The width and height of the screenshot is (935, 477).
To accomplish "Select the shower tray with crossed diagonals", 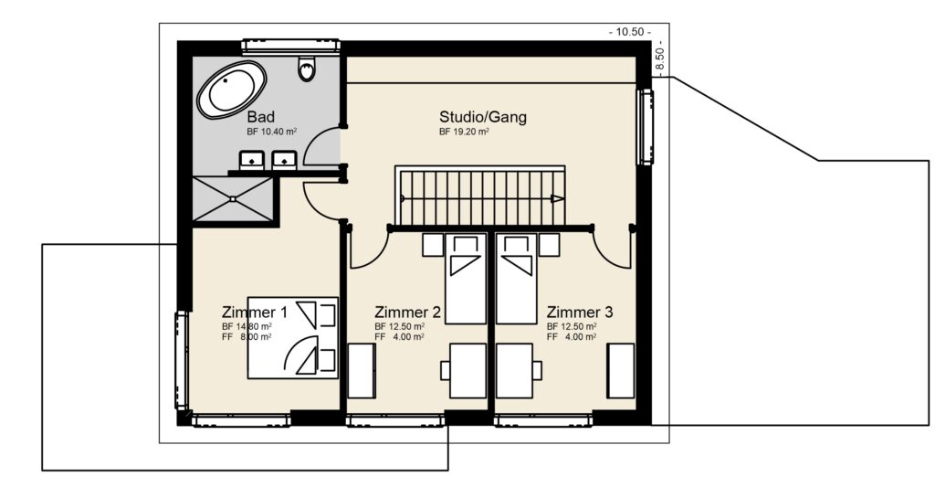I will coord(233,198).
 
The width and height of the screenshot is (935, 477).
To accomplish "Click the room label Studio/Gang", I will coord(482,117).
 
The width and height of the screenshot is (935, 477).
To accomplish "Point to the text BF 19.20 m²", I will coord(464,132).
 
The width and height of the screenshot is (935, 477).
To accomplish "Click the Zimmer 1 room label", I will coord(255,312).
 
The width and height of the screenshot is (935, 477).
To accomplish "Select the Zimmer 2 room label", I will coord(408,312).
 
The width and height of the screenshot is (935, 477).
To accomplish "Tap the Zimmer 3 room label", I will coord(579,312).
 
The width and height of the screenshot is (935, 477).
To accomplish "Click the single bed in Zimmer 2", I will coord(467,278).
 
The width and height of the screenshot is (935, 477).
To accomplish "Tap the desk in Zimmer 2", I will coord(467,370).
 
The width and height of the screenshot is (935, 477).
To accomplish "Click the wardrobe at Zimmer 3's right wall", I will coord(622,370).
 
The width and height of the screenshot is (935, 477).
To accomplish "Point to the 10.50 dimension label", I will coord(630,32).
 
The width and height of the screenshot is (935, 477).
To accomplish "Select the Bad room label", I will coord(261,117).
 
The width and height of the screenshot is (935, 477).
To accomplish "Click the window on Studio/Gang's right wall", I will coord(646,125).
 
